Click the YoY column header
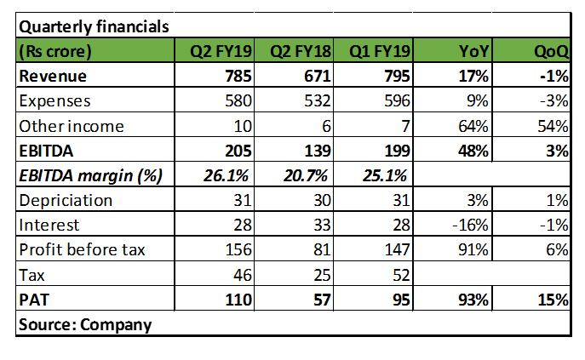473,51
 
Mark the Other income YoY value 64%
473,126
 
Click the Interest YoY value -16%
470,226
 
